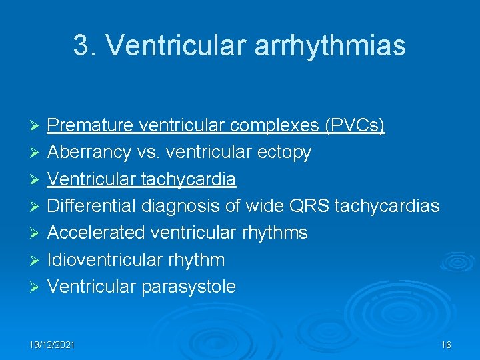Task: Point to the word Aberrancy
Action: point(89,152)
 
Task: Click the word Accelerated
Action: point(95,233)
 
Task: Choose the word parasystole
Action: point(188,287)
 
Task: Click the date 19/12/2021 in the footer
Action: point(52,345)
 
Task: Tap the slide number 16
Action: point(446,345)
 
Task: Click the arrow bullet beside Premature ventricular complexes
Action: point(37,126)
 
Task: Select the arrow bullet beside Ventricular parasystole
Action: point(37,287)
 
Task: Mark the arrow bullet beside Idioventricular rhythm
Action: point(37,260)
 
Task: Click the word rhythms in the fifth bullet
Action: point(276,233)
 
